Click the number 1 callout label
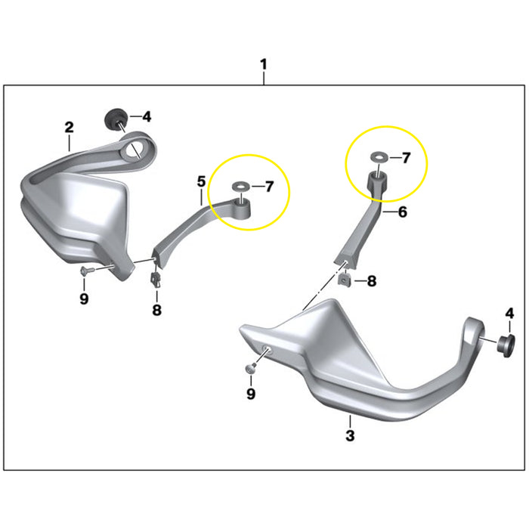[x=263, y=66]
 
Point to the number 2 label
[x=69, y=126]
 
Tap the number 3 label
[x=350, y=435]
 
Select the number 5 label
[x=201, y=181]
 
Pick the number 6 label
[x=402, y=213]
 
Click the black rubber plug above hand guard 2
[x=114, y=118]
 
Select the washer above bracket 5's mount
[x=240, y=186]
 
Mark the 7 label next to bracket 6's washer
[x=405, y=158]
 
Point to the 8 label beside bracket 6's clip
[x=371, y=281]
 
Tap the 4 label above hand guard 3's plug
[x=509, y=313]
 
